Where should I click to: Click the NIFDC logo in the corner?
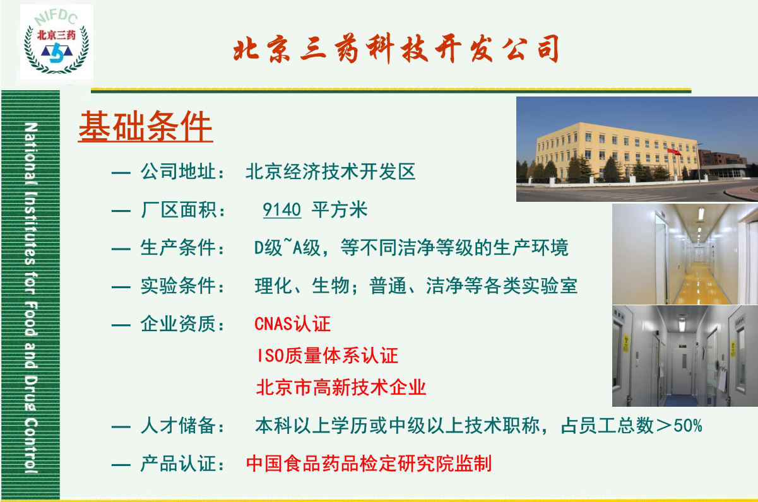tap(57, 43)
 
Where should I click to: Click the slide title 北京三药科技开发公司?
tap(396, 50)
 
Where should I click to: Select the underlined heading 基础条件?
tap(145, 128)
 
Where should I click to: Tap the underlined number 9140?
tap(282, 210)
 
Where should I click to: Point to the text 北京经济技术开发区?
tap(330, 172)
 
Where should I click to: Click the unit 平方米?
tap(340, 210)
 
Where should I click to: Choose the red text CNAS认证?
tap(292, 324)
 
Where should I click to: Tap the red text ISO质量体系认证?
tap(327, 356)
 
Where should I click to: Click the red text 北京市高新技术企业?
tap(341, 387)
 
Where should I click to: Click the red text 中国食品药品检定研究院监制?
tap(369, 464)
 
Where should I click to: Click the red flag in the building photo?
tap(674, 151)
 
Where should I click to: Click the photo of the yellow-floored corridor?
tap(684, 254)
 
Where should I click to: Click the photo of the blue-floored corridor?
tap(684, 356)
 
